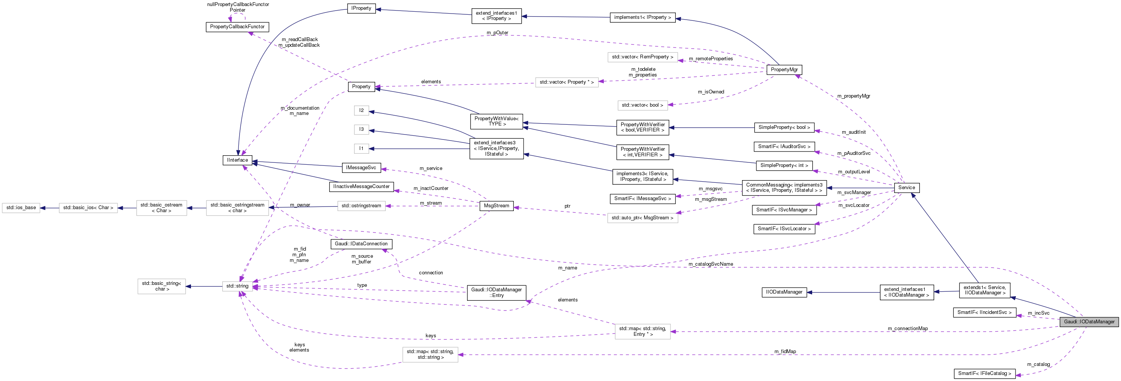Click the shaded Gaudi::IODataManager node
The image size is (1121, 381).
(1089, 322)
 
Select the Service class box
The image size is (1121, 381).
(906, 188)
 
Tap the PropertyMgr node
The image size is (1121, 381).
(784, 70)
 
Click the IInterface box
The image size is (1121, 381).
(237, 160)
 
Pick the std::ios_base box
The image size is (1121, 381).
(21, 208)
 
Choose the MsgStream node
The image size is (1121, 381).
(496, 206)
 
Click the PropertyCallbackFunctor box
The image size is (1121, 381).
(237, 27)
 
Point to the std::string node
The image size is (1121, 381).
(237, 286)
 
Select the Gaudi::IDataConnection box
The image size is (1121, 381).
(361, 244)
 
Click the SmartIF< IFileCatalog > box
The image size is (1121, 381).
(984, 373)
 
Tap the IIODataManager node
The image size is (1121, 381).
(784, 292)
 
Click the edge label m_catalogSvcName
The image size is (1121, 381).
(711, 264)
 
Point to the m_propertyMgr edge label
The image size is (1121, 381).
(854, 96)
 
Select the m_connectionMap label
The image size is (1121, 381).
(907, 329)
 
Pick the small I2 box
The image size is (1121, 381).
(361, 110)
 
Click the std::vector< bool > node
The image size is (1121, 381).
(642, 106)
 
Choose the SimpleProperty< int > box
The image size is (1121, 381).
(784, 165)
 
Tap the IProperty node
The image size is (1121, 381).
(361, 8)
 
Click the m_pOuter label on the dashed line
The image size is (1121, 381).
(497, 33)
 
